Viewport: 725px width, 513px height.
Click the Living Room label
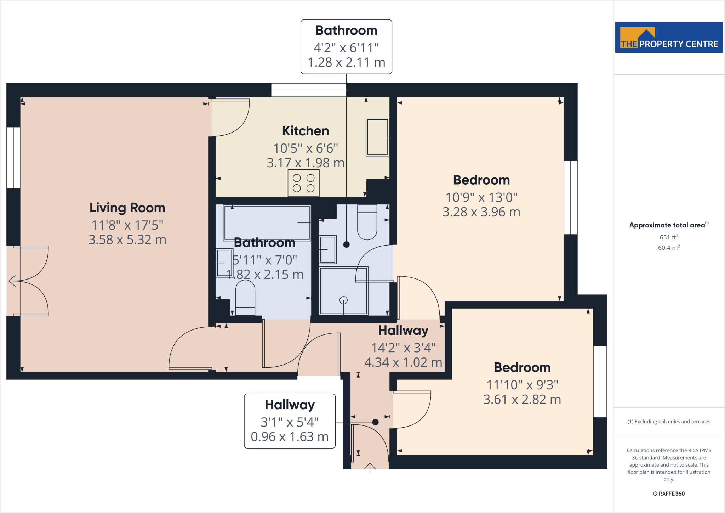pyautogui.click(x=127, y=208)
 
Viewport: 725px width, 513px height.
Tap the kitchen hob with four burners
pyautogui.click(x=303, y=183)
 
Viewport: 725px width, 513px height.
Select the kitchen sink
pyautogui.click(x=377, y=137)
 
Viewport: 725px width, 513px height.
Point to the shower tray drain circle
pyautogui.click(x=343, y=300)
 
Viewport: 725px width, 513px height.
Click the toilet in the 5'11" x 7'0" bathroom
pyautogui.click(x=245, y=298)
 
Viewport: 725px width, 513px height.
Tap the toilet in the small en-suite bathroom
pyautogui.click(x=367, y=222)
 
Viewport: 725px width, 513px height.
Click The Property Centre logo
pyautogui.click(x=669, y=38)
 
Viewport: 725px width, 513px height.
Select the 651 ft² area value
pyautogui.click(x=669, y=237)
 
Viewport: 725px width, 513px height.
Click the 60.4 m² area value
pyautogui.click(x=669, y=248)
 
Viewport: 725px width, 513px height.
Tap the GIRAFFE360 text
pyautogui.click(x=669, y=494)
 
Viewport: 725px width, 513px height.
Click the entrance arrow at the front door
pyautogui.click(x=370, y=468)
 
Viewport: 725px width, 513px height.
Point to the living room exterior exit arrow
pyautogui.click(x=12, y=281)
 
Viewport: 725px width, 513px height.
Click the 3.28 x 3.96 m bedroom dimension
pyautogui.click(x=481, y=212)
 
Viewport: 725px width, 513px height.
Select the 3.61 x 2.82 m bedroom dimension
pyautogui.click(x=522, y=400)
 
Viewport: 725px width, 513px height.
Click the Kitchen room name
pyautogui.click(x=306, y=131)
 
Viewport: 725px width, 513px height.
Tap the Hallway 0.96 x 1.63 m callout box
pyautogui.click(x=290, y=421)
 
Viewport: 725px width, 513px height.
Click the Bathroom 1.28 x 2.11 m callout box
pyautogui.click(x=346, y=47)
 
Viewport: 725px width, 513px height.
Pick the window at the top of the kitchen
pyautogui.click(x=309, y=90)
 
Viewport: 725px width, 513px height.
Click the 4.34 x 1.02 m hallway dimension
pyautogui.click(x=403, y=362)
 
